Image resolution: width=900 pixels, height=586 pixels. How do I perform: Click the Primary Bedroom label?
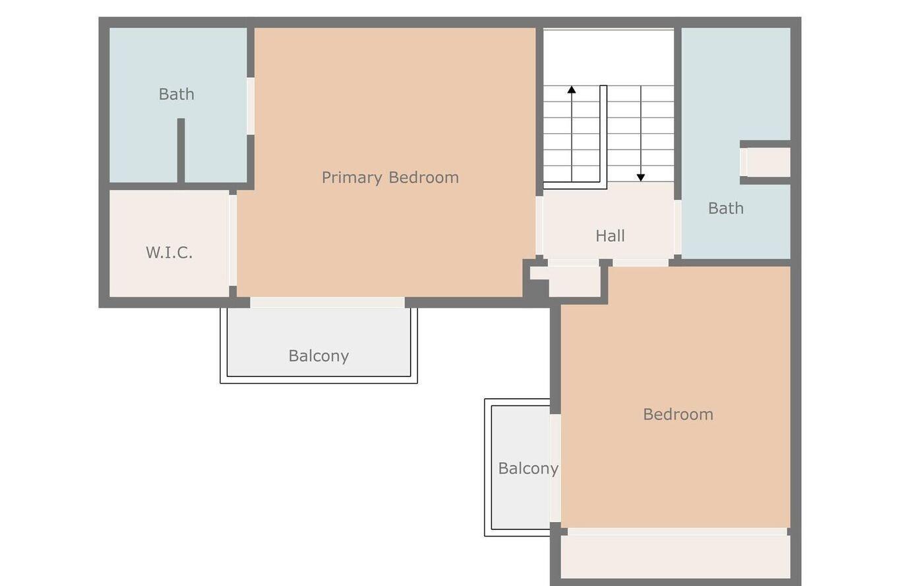(x=390, y=177)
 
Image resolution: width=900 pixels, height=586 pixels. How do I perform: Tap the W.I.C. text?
(x=169, y=252)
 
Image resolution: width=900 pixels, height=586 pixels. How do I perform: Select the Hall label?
(x=610, y=236)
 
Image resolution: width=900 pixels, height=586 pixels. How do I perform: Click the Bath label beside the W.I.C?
(x=176, y=94)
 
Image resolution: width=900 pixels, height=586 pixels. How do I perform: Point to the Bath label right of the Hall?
(x=725, y=208)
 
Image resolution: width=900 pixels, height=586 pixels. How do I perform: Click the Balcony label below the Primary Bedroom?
(x=318, y=356)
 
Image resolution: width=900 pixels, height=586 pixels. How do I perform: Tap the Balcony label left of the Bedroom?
(x=527, y=469)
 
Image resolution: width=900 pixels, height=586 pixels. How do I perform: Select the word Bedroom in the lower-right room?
(x=678, y=415)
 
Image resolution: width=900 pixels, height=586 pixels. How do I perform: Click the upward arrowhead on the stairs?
(x=572, y=90)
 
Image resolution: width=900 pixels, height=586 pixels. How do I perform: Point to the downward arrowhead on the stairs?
(x=640, y=177)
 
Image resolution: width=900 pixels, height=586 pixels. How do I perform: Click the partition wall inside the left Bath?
(x=181, y=150)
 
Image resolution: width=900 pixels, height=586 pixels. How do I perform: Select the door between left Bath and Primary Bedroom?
(x=251, y=106)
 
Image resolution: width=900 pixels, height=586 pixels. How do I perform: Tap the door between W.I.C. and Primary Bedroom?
(x=233, y=240)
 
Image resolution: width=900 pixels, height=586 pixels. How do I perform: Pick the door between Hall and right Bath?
(x=677, y=227)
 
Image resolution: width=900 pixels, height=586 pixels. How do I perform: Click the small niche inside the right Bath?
(x=766, y=162)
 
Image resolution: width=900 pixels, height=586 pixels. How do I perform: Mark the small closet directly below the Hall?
(x=574, y=281)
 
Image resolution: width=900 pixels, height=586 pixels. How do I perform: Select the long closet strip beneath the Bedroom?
(x=675, y=556)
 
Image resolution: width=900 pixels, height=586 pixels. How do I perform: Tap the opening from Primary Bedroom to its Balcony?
(x=327, y=303)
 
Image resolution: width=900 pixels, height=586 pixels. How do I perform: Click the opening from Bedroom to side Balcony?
(x=555, y=468)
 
